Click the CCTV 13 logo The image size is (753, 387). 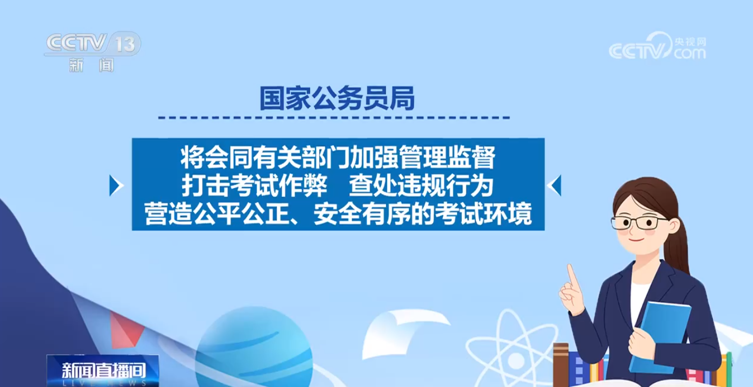(x=93, y=52)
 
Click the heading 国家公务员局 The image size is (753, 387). (x=337, y=98)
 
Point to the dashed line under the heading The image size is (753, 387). (x=334, y=118)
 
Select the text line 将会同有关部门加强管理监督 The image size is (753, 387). (x=338, y=157)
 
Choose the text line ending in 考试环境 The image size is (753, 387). (x=338, y=213)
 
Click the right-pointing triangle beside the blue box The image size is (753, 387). (x=116, y=185)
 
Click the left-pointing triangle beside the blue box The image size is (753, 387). (x=554, y=185)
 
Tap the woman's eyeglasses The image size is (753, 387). (x=638, y=223)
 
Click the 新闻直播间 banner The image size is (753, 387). (x=103, y=371)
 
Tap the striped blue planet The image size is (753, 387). (x=254, y=348)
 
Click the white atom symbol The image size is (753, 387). (x=511, y=352)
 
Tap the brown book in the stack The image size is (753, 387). (x=561, y=364)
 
